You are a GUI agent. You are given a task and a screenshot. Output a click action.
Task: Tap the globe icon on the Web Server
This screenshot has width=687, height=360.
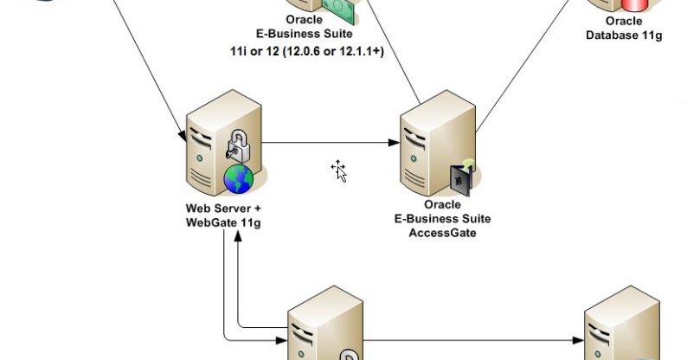tap(239, 179)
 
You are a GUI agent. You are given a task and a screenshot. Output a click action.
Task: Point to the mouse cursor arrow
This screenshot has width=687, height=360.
tap(339, 170)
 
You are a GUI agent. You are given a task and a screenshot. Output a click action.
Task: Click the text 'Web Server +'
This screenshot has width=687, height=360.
tap(223, 209)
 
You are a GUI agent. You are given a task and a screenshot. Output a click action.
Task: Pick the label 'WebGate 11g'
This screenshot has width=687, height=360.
tap(223, 222)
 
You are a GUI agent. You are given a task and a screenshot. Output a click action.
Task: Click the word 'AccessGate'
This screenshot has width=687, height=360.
tap(442, 233)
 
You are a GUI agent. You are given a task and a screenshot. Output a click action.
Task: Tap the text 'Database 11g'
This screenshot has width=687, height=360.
tap(623, 35)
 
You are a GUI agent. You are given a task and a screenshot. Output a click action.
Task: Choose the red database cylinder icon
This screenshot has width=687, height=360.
tap(625, 4)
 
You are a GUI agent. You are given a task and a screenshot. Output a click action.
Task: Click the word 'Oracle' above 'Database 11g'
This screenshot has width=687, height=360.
tap(623, 21)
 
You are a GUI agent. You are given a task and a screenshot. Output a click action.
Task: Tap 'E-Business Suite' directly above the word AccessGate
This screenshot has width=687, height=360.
tap(442, 219)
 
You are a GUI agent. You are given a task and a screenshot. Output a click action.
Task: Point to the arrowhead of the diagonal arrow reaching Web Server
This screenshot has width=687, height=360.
tap(183, 136)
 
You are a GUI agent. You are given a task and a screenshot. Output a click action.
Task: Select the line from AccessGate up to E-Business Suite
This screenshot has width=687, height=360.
tap(394, 52)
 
